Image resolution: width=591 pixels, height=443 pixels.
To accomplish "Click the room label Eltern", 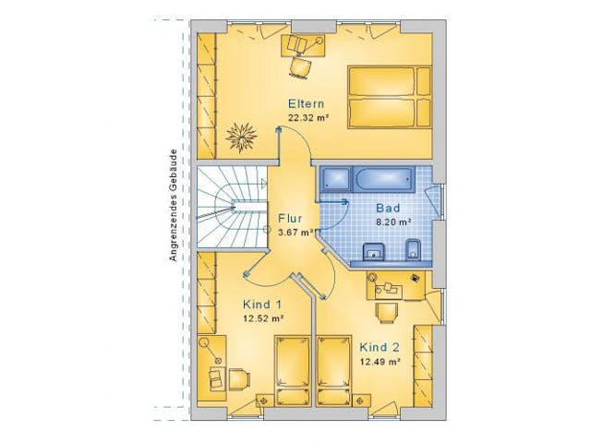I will (305, 102).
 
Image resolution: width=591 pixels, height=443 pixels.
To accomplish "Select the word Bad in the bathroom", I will (386, 209).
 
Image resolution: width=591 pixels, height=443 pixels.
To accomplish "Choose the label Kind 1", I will (262, 305).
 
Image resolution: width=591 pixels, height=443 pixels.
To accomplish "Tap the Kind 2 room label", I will (379, 347).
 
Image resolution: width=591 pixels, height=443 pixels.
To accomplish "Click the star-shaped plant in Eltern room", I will (242, 136).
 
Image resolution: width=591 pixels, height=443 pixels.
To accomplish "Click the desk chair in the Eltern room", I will (300, 66).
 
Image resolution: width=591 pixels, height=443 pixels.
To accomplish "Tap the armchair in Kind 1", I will (218, 378).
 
